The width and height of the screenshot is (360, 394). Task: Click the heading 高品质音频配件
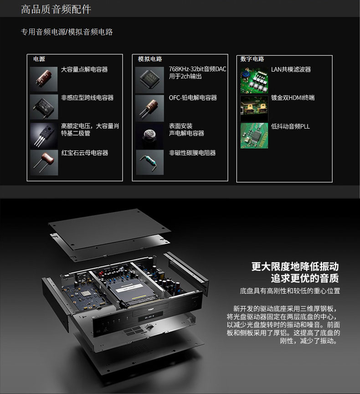(56, 9)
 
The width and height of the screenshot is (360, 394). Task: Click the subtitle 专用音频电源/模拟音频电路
(67, 32)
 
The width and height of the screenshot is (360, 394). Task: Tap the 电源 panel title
(39, 59)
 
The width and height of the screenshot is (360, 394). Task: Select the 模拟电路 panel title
(150, 59)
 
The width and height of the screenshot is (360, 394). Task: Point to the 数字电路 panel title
(252, 59)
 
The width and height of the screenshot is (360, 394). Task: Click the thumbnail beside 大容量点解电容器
(44, 79)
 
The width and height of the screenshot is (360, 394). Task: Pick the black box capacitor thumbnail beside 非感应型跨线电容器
(44, 107)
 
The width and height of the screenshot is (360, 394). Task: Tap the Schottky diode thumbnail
(44, 135)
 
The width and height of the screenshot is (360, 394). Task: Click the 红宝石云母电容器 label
(85, 153)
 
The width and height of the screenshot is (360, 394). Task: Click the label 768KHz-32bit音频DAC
(197, 69)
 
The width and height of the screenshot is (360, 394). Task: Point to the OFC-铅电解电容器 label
(193, 98)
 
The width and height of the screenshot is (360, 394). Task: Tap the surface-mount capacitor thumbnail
(149, 135)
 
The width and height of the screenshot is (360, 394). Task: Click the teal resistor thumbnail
(149, 162)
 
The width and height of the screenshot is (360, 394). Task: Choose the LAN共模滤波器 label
(291, 69)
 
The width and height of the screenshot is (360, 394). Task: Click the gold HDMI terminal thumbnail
(254, 108)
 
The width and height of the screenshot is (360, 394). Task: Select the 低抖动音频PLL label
(290, 126)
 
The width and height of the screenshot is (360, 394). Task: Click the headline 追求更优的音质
(305, 278)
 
